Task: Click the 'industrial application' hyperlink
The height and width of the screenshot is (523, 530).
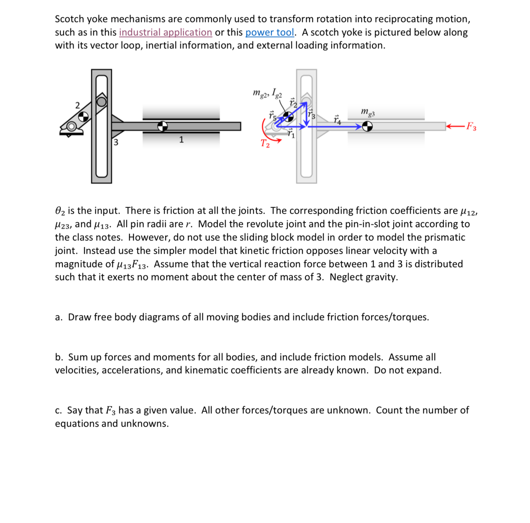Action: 165,32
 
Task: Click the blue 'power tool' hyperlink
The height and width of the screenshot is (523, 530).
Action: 269,32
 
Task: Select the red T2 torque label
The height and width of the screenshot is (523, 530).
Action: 265,144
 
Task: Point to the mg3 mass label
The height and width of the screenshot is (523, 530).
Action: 368,112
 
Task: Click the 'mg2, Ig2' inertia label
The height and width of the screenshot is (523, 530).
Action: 267,93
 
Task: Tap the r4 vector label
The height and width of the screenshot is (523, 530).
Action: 337,120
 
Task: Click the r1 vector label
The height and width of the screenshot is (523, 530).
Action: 291,134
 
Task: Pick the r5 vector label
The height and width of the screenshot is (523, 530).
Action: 272,116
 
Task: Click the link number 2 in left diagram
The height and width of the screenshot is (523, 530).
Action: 77,105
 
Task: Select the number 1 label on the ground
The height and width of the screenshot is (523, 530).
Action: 181,140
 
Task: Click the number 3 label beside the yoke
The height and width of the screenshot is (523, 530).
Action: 116,142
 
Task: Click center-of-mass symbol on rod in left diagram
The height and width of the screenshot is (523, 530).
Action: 162,126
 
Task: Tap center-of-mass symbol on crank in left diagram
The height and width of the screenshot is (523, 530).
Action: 83,117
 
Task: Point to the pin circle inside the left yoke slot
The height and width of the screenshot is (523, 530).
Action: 101,102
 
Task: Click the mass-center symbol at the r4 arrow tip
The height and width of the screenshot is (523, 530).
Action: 367,126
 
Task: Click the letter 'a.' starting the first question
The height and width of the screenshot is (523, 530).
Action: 58,317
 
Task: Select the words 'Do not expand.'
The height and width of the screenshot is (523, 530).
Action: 407,370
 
